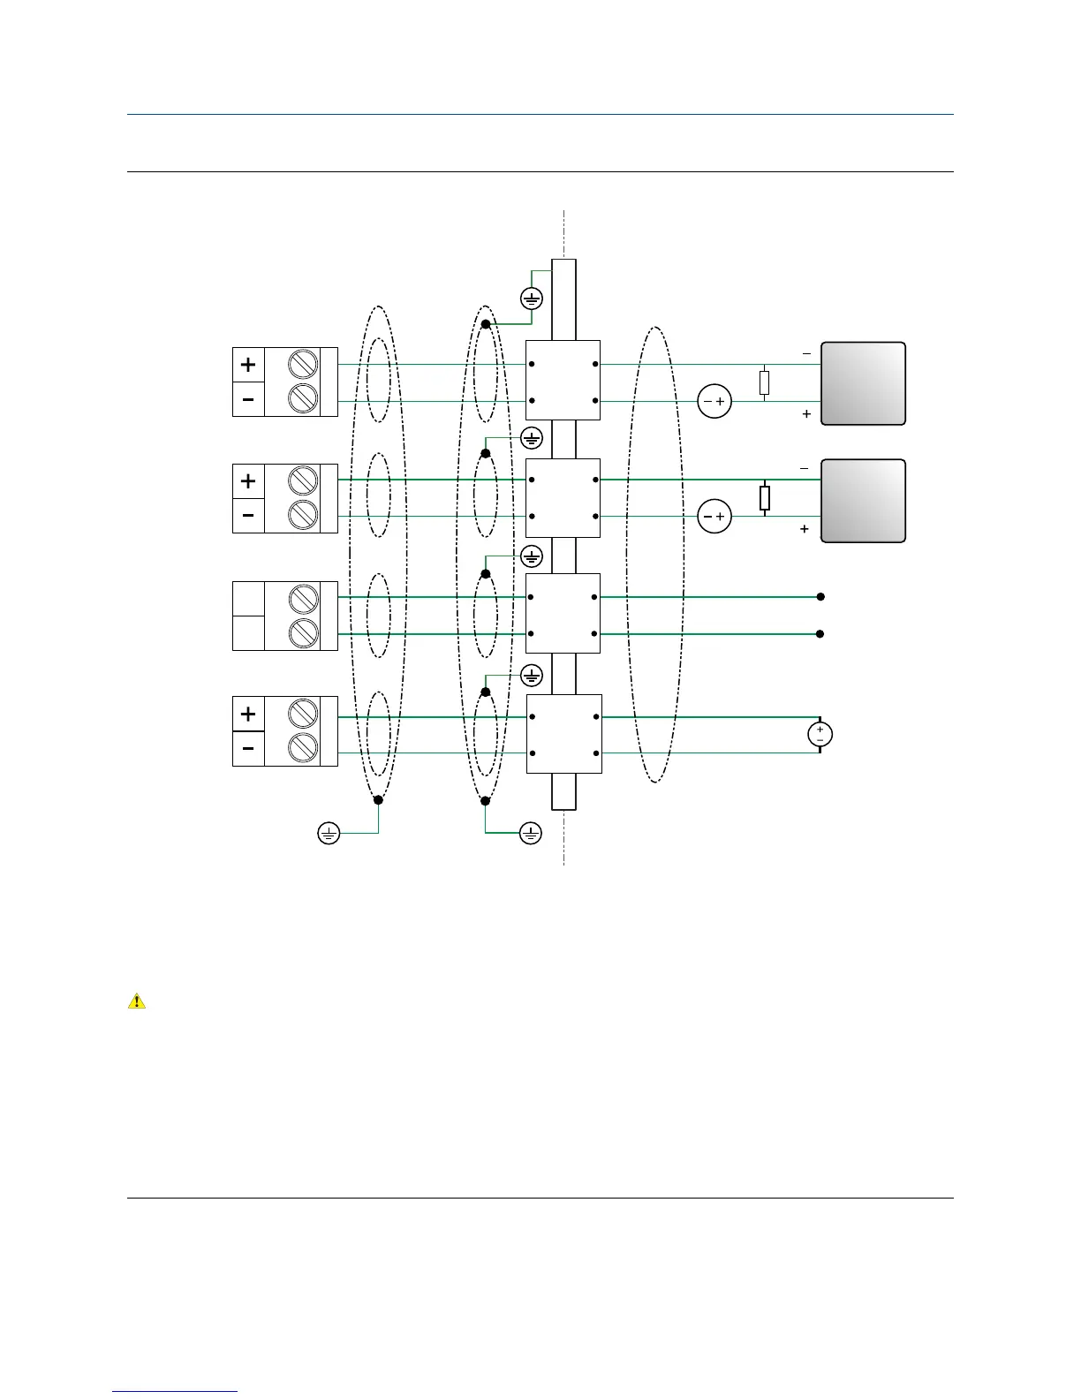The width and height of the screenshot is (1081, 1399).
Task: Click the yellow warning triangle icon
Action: point(137,1002)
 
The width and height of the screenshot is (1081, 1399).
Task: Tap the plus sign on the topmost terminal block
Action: point(248,364)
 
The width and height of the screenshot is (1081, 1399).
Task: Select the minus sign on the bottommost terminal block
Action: point(248,749)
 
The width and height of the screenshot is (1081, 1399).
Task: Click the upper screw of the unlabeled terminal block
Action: point(303,598)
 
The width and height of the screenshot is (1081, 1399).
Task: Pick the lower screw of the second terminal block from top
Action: point(303,514)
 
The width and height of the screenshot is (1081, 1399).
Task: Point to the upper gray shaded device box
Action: point(863,383)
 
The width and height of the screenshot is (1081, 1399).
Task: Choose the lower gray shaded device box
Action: point(863,500)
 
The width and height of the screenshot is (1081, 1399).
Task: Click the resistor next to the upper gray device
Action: point(764,382)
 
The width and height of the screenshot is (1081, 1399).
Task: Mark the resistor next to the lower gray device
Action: point(764,498)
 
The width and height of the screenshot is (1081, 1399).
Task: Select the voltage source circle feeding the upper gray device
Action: point(714,402)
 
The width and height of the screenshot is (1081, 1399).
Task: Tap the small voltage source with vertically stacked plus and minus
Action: point(820,735)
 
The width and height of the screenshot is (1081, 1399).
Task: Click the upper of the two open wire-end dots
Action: point(820,597)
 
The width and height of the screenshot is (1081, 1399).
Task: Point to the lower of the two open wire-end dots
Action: point(820,634)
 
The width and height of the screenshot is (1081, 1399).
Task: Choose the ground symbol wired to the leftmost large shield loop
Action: point(329,833)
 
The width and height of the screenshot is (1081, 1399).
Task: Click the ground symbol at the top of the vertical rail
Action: point(532,298)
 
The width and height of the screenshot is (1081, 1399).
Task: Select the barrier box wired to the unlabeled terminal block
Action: point(563,614)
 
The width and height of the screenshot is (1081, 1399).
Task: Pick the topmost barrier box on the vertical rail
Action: point(563,380)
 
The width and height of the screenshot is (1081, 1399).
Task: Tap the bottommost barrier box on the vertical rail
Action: point(564,734)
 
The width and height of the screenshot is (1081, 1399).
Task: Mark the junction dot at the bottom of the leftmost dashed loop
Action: point(378,800)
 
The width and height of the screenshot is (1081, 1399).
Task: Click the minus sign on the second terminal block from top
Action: point(248,516)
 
